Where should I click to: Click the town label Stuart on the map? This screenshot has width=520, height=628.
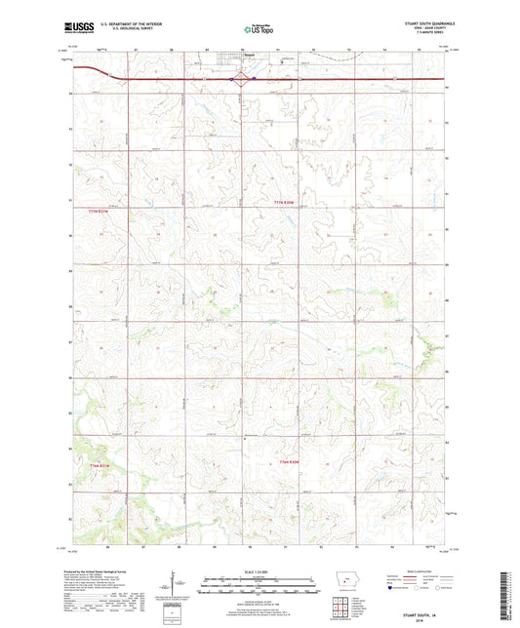[x=222, y=68]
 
